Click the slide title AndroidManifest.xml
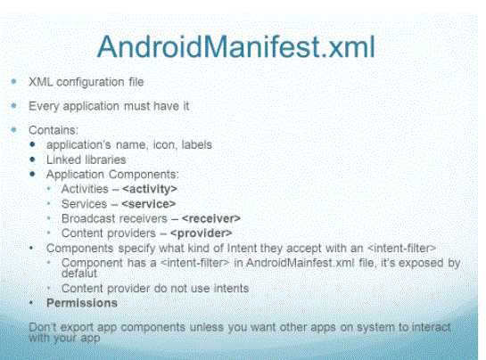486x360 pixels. (236, 46)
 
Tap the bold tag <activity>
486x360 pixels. (150, 189)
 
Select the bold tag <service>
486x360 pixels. (148, 204)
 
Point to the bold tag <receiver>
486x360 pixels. (211, 218)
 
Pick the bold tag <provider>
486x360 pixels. (202, 233)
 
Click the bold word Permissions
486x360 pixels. (82, 303)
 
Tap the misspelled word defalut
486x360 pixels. (79, 274)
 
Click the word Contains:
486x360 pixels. (54, 130)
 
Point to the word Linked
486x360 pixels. (63, 160)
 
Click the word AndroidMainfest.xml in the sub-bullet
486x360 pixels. (300, 263)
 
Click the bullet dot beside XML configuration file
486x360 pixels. (13, 81)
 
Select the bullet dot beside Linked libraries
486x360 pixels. (32, 160)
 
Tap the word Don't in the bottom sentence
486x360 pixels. (43, 327)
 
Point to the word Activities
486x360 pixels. (85, 189)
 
